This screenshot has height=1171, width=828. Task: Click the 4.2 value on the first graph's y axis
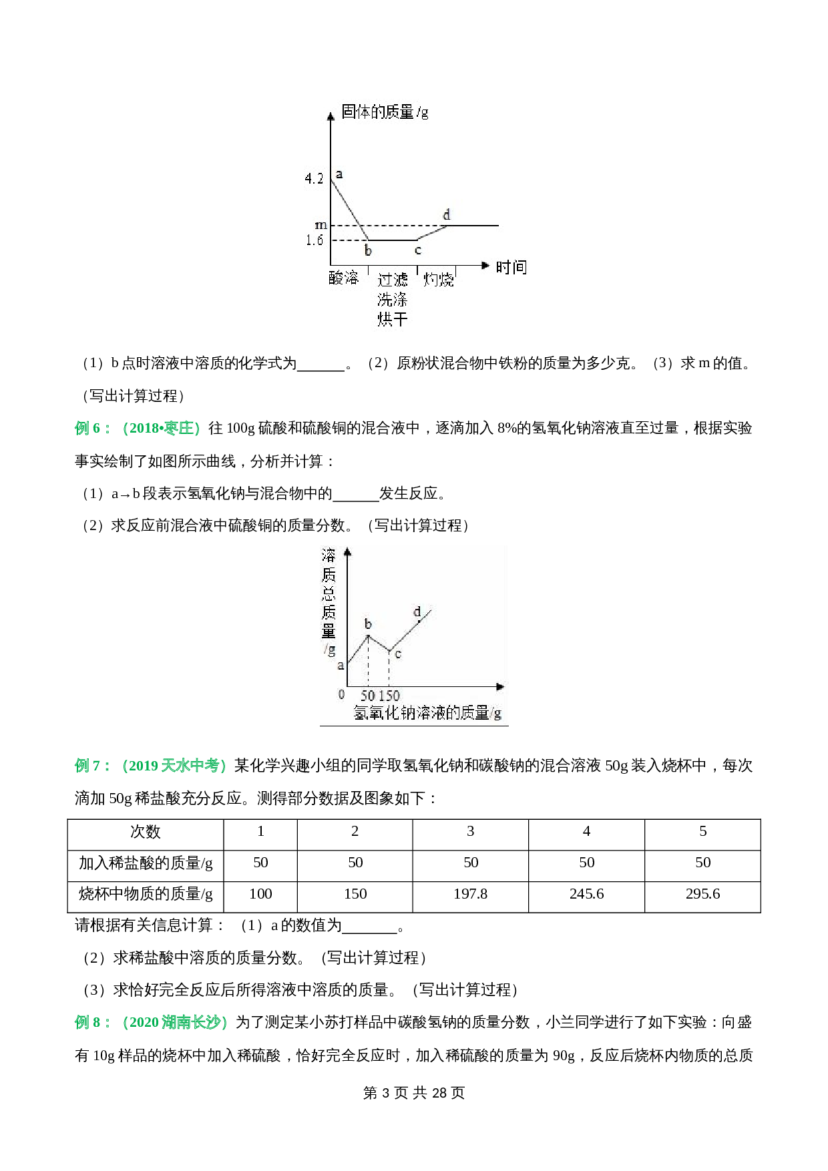[314, 179]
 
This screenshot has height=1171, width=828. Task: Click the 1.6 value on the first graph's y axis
[315, 240]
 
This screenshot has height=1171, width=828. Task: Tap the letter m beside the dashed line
[321, 226]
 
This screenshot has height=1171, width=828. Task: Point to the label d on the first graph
[447, 214]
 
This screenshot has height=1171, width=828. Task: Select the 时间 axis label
[511, 268]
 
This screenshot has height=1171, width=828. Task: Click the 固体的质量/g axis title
[385, 112]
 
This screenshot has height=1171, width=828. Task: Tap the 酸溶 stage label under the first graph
[344, 278]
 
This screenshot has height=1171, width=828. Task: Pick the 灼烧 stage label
[439, 279]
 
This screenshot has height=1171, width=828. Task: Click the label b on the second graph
[368, 624]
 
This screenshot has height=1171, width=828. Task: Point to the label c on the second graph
[398, 654]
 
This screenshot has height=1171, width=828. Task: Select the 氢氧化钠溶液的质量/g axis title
[427, 713]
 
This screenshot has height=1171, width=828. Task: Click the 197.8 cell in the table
[470, 894]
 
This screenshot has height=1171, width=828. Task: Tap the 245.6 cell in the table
[586, 894]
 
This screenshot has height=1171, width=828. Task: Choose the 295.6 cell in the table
[702, 894]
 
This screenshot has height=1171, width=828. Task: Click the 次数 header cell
[146, 832]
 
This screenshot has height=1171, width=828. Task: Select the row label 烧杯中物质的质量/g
[146, 894]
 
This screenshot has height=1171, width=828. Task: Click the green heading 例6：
[93, 428]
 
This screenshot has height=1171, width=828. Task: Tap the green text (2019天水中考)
[175, 766]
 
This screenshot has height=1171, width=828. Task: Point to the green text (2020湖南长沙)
[176, 1022]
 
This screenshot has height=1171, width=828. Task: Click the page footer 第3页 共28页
[414, 1093]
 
